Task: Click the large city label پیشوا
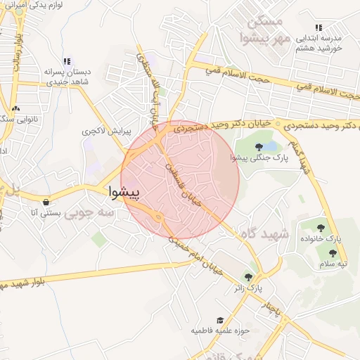[124, 191]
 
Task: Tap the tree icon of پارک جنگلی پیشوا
[259, 147]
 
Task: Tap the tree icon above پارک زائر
[247, 276]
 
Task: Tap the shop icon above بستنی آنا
[46, 200]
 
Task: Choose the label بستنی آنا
[48, 212]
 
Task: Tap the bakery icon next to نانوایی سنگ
[17, 108]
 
